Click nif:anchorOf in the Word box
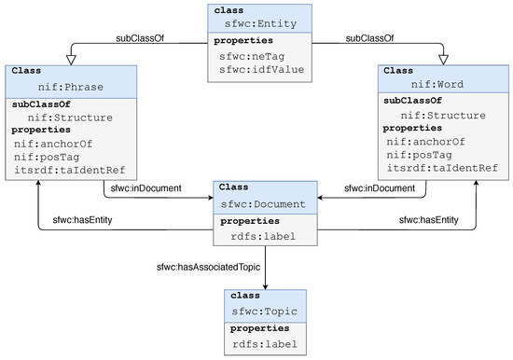coord(425,141)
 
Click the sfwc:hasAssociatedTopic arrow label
coord(210,268)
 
